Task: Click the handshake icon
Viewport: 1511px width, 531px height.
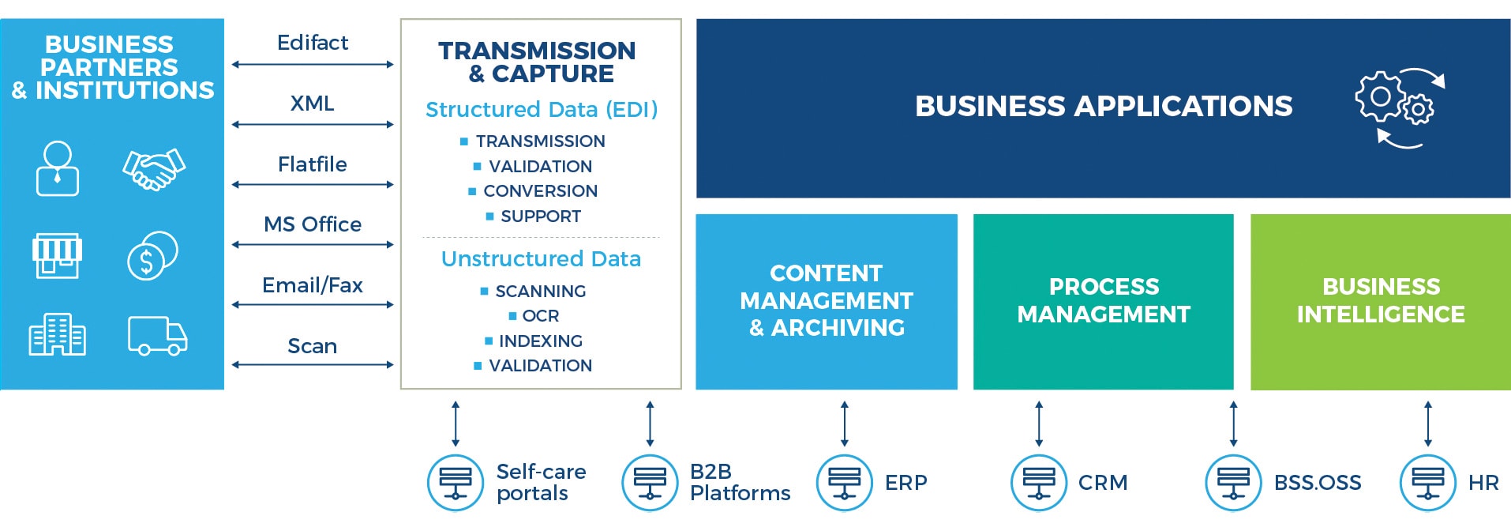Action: click(154, 169)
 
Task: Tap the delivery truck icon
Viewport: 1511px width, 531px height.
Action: click(157, 336)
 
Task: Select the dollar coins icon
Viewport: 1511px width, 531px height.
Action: click(152, 255)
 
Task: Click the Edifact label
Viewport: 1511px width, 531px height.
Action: click(313, 43)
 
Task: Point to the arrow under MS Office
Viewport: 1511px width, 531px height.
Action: click(313, 245)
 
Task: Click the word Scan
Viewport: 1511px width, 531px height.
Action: click(313, 346)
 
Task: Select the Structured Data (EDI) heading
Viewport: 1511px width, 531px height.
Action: click(542, 109)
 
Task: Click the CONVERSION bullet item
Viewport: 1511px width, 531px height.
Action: click(540, 191)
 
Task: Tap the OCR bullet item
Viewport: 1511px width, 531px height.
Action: click(540, 316)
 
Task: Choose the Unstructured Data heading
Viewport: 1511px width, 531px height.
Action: click(541, 258)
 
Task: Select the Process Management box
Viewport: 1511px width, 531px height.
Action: click(1103, 301)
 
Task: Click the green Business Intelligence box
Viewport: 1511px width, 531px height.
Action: click(1380, 301)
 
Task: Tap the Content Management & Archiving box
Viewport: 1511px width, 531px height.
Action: click(826, 301)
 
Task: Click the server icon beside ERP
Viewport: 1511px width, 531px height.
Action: click(844, 483)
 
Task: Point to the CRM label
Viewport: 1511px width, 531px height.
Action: click(1103, 483)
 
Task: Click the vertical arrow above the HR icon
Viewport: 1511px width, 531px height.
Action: click(1427, 424)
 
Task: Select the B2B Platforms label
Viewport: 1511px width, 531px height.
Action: click(739, 483)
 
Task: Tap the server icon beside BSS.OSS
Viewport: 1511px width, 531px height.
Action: click(1233, 483)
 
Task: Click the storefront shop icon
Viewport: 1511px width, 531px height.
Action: click(57, 255)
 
